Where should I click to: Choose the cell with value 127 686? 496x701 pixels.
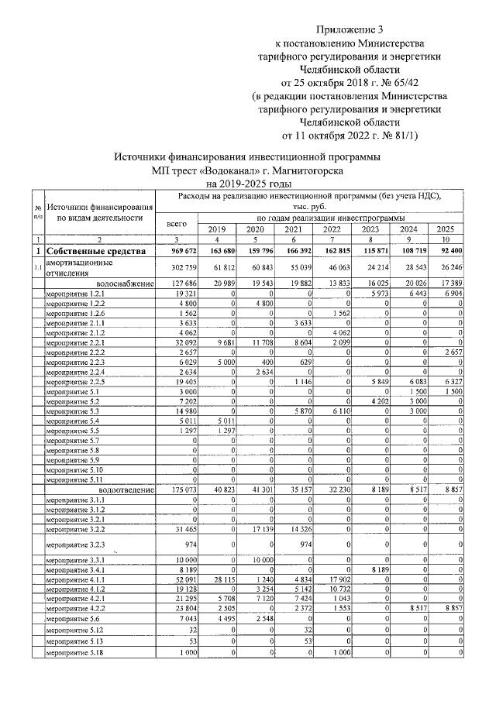click(x=181, y=283)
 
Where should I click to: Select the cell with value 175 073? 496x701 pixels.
click(x=181, y=490)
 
